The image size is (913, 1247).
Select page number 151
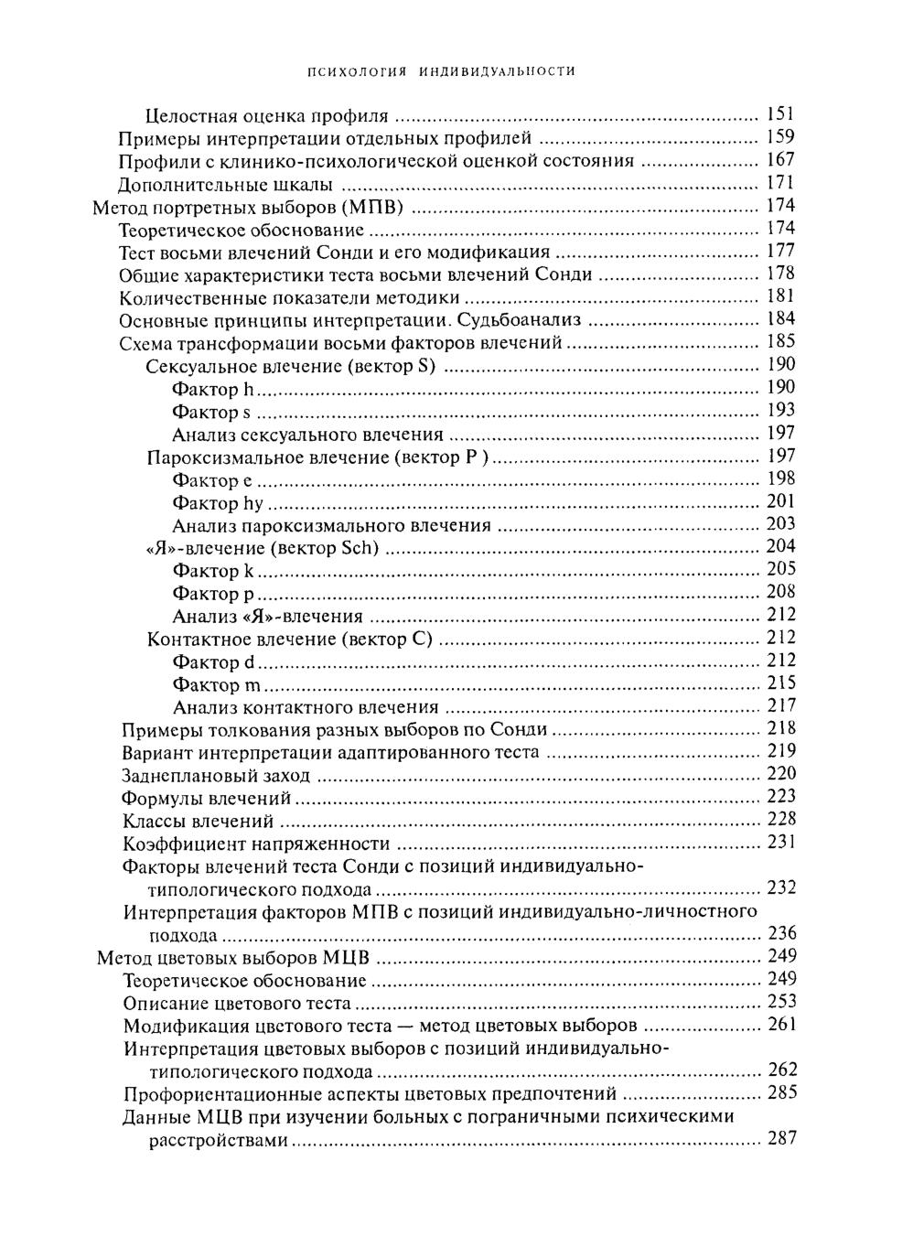(x=780, y=114)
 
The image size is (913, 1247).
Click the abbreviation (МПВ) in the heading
(x=372, y=207)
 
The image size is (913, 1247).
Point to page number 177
(x=780, y=251)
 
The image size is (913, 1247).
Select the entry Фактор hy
(x=218, y=503)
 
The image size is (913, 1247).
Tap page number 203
(x=780, y=524)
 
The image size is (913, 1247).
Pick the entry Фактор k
(x=213, y=571)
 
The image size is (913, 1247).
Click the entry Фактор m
(x=217, y=684)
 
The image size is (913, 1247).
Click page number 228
(x=781, y=820)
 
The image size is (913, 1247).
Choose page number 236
(x=781, y=934)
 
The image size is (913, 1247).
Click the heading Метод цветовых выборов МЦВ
(x=233, y=959)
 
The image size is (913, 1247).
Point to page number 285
(x=781, y=1093)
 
